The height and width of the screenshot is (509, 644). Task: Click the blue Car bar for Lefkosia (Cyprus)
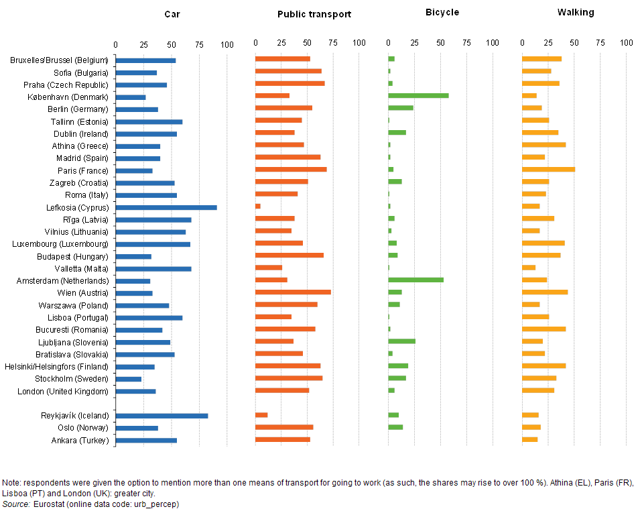[166, 207]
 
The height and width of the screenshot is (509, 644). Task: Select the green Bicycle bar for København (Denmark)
[418, 97]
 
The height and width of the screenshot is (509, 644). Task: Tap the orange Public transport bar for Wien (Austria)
[293, 292]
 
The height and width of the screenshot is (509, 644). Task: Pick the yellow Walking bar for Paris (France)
[548, 170]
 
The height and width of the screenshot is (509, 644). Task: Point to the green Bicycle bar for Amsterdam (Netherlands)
[415, 280]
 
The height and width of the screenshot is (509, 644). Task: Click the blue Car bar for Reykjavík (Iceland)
[162, 416]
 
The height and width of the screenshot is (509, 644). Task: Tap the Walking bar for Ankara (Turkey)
[529, 440]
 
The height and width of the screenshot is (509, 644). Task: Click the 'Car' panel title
[172, 13]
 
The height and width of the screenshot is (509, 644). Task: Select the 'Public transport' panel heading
[314, 14]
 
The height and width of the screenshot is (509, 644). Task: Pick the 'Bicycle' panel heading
[442, 13]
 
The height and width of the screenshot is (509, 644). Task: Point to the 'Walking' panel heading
[576, 13]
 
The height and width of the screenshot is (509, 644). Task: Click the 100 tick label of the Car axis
[227, 44]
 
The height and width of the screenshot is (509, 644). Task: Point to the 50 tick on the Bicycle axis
[440, 43]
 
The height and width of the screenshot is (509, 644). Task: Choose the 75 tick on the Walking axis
[600, 43]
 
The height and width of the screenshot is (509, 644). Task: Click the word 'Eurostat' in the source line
[48, 504]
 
